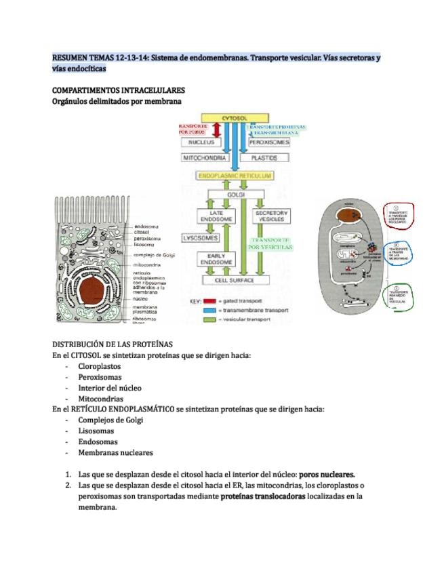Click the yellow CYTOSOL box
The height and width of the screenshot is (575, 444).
(233, 118)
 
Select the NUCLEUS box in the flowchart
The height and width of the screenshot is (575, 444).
(202, 142)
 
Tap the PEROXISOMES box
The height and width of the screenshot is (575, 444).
(269, 142)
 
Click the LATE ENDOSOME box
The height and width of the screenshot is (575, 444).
(207, 216)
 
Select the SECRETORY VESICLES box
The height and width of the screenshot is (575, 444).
(270, 216)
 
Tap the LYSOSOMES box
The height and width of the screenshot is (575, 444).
(201, 239)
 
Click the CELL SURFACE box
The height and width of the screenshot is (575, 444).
(234, 279)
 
